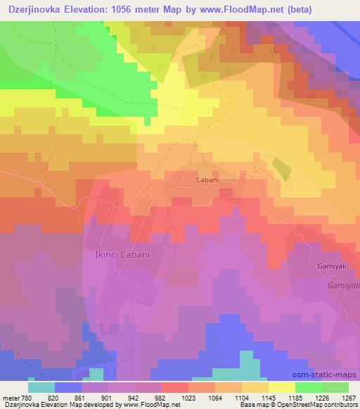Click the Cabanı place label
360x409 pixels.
[207, 180]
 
